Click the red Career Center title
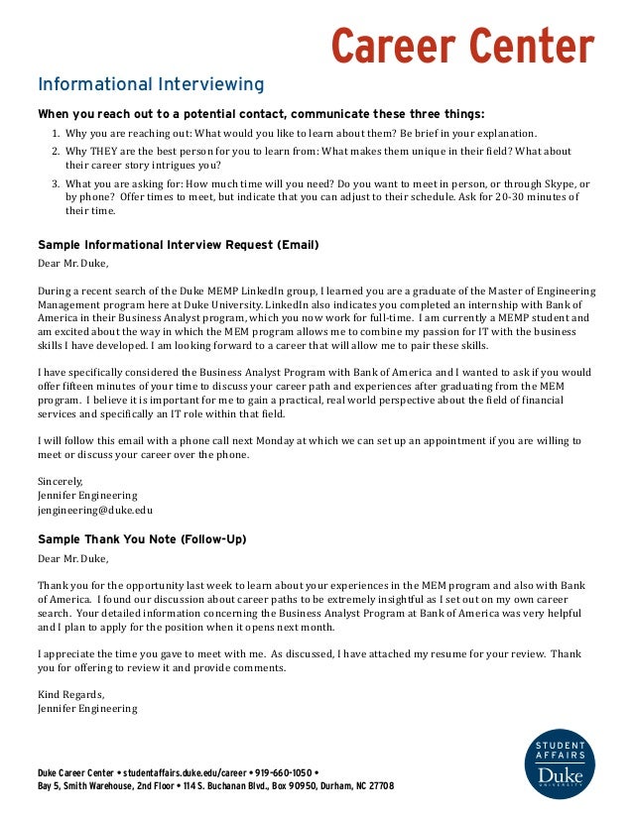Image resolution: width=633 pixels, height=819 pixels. click(461, 46)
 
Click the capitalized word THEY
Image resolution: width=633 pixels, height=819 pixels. click(105, 151)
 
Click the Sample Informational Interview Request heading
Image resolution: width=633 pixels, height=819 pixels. click(178, 244)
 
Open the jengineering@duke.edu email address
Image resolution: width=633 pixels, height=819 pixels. click(95, 510)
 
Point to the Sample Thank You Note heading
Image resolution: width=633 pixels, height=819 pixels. click(142, 539)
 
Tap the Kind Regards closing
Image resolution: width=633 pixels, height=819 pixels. click(70, 694)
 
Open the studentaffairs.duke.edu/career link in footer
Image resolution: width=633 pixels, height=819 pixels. click(184, 772)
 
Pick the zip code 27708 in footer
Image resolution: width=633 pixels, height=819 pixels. click(378, 786)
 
